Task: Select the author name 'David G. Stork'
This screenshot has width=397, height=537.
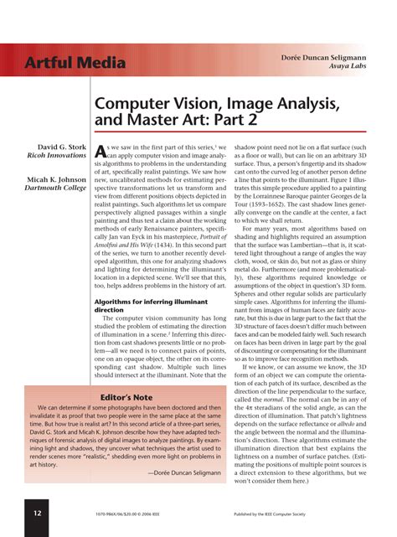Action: pyautogui.click(x=59, y=147)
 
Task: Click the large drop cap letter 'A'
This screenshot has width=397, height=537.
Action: pyautogui.click(x=101, y=152)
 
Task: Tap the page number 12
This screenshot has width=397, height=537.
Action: pyautogui.click(x=38, y=513)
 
